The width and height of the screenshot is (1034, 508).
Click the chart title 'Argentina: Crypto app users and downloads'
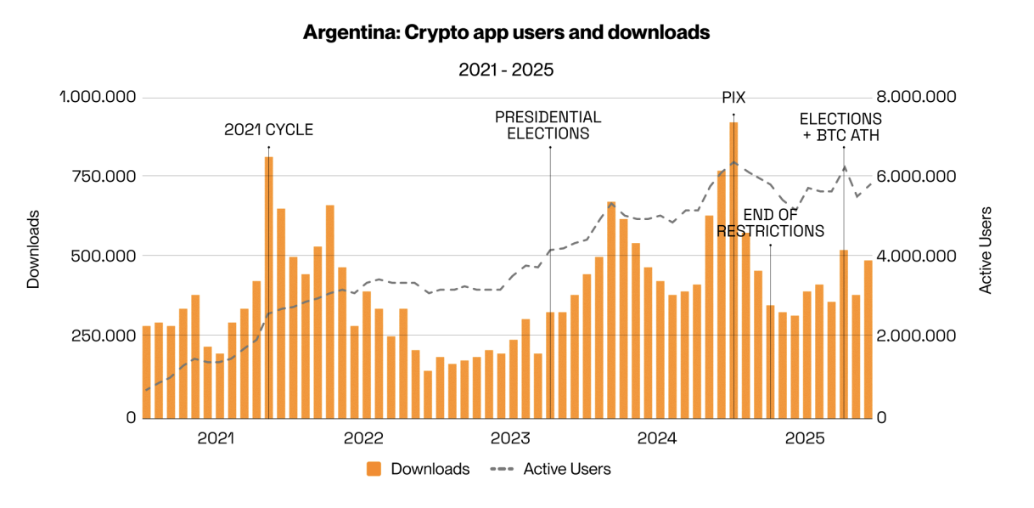(506, 33)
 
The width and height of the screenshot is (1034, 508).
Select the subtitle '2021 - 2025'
(506, 70)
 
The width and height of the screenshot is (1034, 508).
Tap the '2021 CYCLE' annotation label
(268, 130)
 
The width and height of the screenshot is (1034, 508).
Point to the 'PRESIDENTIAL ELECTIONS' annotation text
(548, 125)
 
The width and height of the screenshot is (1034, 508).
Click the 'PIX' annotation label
(733, 98)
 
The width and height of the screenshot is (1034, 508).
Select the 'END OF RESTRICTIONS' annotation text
(770, 223)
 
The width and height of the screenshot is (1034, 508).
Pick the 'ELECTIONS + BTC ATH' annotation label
(840, 127)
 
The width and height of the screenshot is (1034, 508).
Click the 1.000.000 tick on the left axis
(97, 97)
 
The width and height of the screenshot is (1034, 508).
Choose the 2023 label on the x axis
(510, 438)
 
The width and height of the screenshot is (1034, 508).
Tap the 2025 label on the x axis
(804, 438)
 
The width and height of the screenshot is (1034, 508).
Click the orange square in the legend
(374, 469)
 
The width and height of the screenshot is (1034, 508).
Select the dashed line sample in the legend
(502, 469)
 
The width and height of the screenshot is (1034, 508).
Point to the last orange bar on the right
(868, 339)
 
